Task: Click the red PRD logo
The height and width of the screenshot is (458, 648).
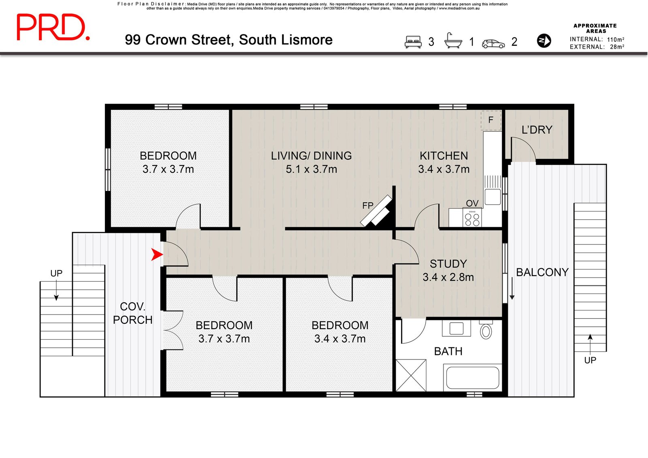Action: [53, 27]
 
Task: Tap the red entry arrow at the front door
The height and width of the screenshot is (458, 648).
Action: [157, 255]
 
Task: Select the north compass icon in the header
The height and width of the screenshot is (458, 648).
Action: [544, 41]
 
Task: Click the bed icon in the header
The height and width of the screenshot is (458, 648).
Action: [413, 42]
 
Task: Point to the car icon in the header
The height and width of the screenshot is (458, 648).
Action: [493, 43]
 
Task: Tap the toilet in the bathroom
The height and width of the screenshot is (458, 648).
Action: [486, 330]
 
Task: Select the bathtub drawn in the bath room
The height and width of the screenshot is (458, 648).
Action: [473, 377]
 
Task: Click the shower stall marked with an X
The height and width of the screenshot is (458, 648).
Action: [411, 375]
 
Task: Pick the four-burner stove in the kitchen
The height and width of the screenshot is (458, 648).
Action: [472, 217]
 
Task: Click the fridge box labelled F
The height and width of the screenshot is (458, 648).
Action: [491, 120]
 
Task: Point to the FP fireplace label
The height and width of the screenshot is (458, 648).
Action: [368, 205]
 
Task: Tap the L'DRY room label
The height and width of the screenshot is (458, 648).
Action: [537, 130]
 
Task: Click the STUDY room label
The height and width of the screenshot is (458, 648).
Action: [448, 264]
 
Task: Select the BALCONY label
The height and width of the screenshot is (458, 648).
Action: [542, 272]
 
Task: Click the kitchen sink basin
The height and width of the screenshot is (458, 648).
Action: [492, 197]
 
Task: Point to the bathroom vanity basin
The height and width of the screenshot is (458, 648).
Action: [456, 329]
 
